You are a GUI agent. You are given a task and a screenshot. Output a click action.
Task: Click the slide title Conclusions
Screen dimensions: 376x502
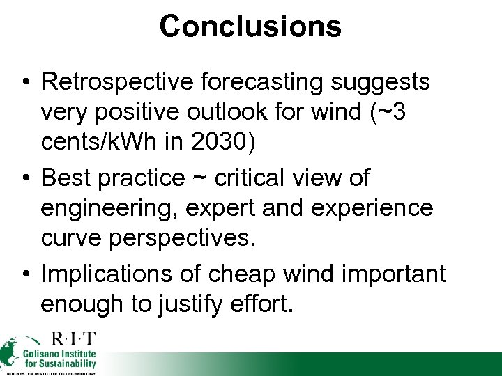tap(250, 26)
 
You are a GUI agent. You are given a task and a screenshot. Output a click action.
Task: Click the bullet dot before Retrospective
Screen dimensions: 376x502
tap(25, 82)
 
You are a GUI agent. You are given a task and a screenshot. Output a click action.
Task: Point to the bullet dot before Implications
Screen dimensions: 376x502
tap(25, 274)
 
